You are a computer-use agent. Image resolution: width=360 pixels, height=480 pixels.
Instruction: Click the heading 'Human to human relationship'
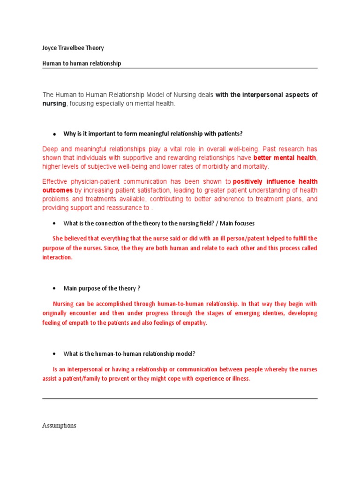(82, 63)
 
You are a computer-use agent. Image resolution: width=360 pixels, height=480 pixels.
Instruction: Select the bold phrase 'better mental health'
(285, 158)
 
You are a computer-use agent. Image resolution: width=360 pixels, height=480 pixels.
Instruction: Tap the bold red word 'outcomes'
(57, 190)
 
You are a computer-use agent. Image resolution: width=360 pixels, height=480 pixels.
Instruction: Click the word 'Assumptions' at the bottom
(59, 426)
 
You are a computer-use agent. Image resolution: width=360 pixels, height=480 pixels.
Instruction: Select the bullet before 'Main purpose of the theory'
(55, 288)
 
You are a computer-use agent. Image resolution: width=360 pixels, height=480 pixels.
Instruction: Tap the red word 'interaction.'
(58, 257)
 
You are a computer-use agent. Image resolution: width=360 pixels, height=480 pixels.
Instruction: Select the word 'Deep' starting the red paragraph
(50, 149)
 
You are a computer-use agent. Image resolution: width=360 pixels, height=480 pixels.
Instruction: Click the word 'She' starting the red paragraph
(58, 239)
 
